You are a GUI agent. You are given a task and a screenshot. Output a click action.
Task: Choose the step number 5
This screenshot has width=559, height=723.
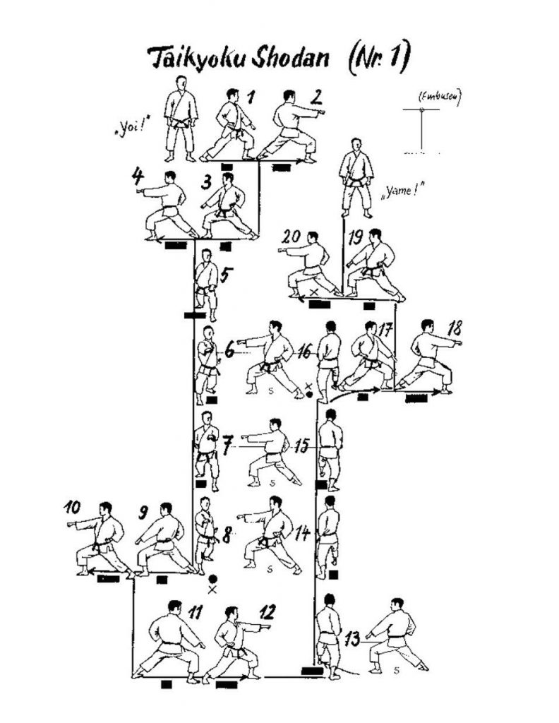(224, 275)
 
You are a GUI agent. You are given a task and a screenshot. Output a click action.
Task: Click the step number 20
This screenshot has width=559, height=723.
(291, 237)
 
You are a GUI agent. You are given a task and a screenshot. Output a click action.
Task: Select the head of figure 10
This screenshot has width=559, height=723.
(104, 509)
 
